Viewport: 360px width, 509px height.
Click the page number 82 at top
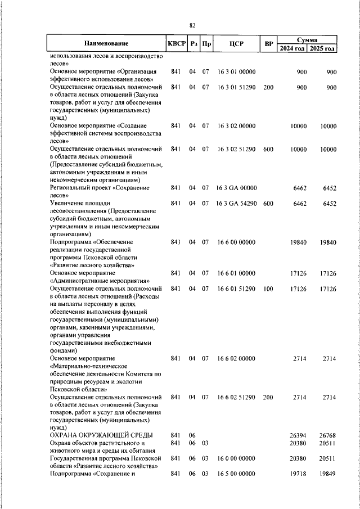pyautogui.click(x=192, y=25)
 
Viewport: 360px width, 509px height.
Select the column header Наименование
pyautogui.click(x=106, y=44)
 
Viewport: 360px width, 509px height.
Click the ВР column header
pyautogui.click(x=268, y=44)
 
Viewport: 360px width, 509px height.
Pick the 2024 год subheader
pyautogui.click(x=292, y=48)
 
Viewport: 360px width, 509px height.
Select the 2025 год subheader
pyautogui.click(x=322, y=48)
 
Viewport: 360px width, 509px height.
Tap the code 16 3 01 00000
pyautogui.click(x=236, y=72)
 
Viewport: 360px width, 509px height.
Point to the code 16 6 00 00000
pyautogui.click(x=236, y=242)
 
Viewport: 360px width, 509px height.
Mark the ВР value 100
pyautogui.click(x=268, y=289)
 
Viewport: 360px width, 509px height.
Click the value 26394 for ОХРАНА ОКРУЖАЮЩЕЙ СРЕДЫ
pyautogui.click(x=296, y=435)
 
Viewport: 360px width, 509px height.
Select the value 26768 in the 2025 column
pyautogui.click(x=326, y=435)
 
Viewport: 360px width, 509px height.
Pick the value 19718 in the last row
pyautogui.click(x=296, y=474)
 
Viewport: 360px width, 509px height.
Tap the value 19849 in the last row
pyautogui.click(x=326, y=474)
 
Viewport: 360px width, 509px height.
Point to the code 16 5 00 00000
pyautogui.click(x=236, y=474)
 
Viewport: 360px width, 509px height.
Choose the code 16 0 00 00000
pyautogui.click(x=236, y=458)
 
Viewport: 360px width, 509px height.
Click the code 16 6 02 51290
pyautogui.click(x=236, y=397)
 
